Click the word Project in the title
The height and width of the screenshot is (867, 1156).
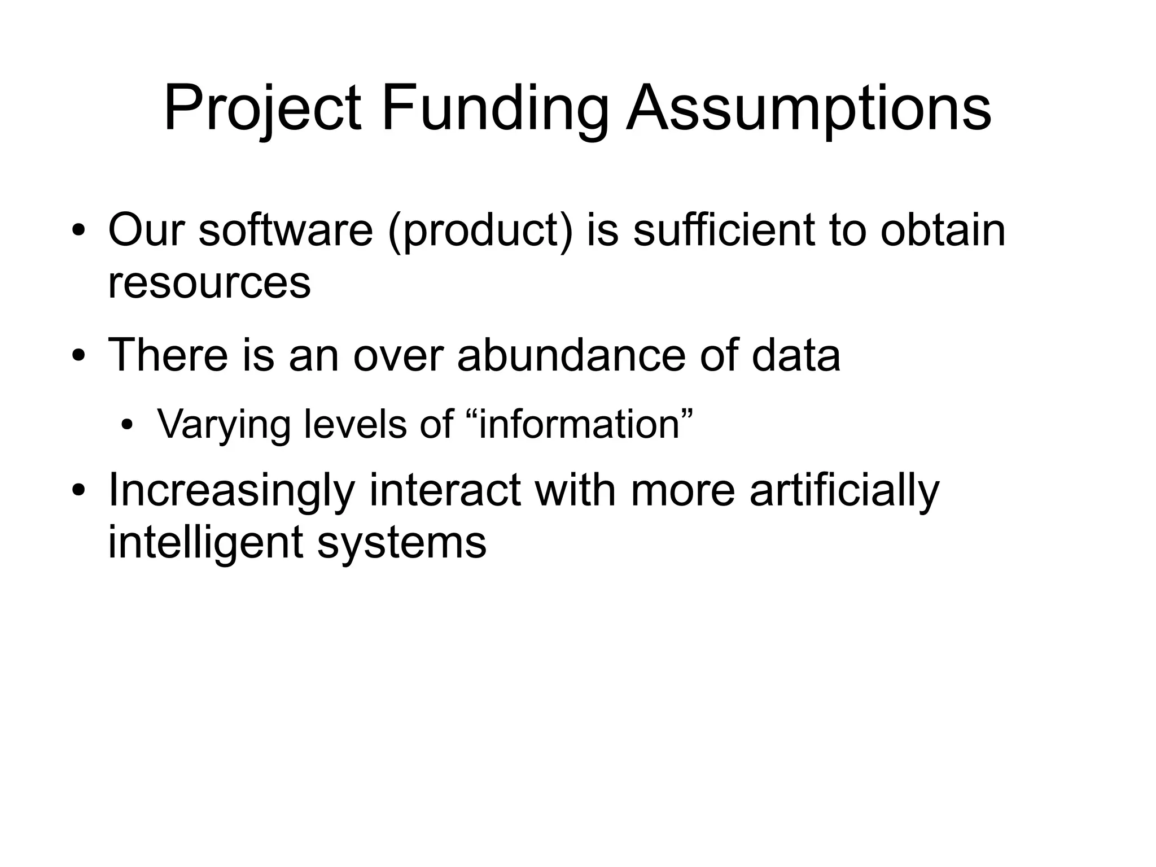pos(262,108)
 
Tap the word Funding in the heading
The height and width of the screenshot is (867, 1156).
pos(494,108)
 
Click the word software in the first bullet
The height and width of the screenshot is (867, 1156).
pos(286,230)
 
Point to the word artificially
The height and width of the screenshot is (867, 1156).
pos(844,490)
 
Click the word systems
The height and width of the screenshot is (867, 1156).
pos(401,542)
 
